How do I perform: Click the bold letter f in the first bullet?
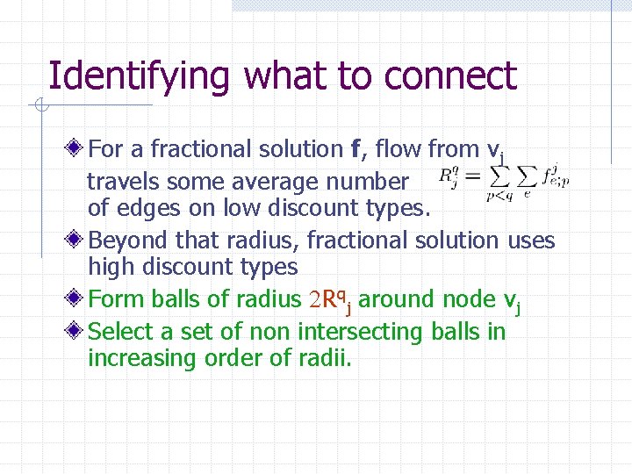(355, 149)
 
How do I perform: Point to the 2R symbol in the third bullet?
(320, 299)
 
